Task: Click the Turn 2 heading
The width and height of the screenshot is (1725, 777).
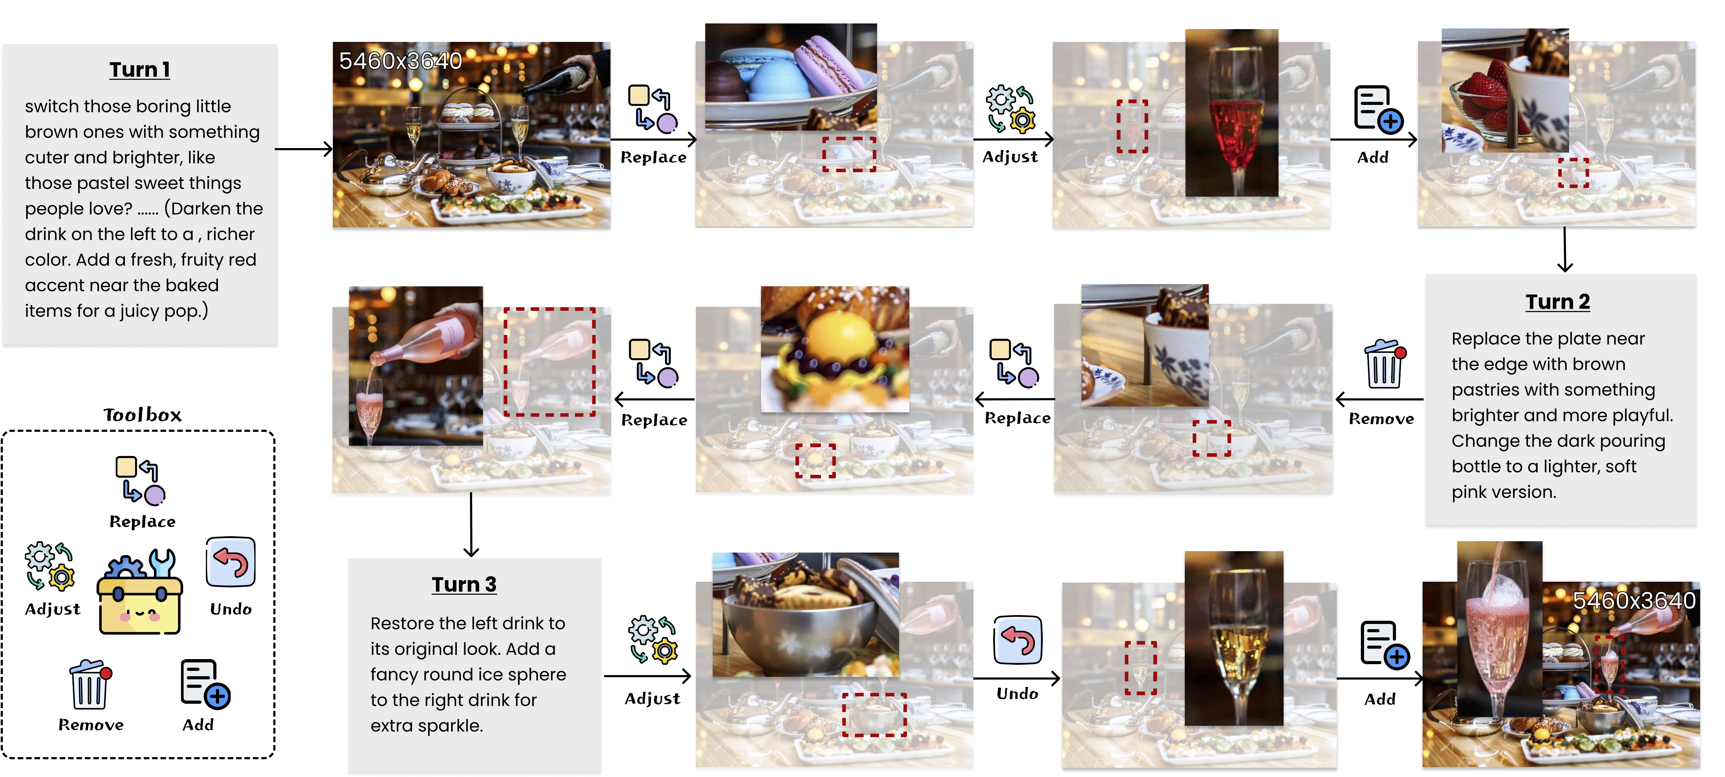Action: tap(1557, 302)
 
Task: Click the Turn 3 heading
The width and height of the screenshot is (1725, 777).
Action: tap(464, 585)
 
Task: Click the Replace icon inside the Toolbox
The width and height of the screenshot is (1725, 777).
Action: tap(141, 480)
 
